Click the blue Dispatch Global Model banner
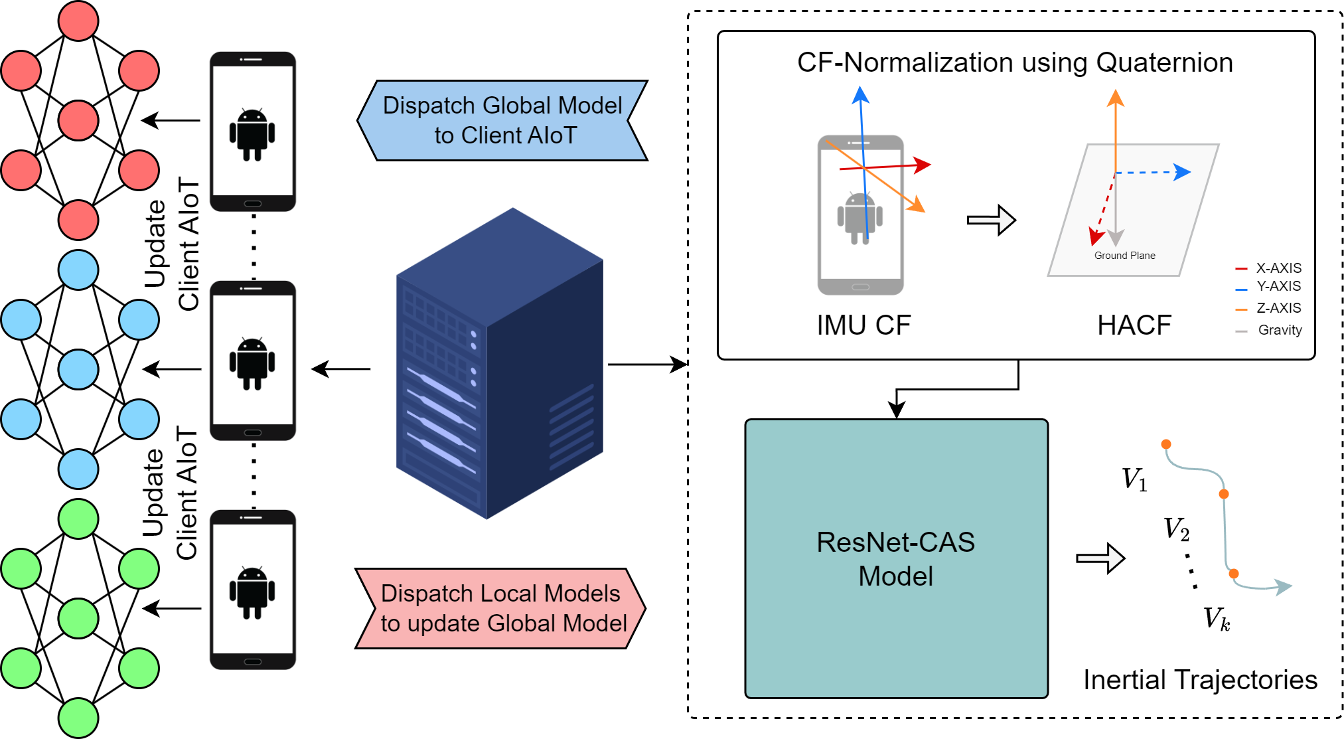pos(502,120)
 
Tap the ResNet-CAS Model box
pos(896,558)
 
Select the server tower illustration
pos(499,363)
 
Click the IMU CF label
pos(863,325)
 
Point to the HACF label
pos(1134,325)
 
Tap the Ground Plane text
pos(1124,256)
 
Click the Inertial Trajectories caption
pos(1200,680)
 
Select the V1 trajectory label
pos(1134,479)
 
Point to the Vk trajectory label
pos(1217,619)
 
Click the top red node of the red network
pos(78,21)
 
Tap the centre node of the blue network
pos(78,369)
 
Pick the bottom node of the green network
pos(78,718)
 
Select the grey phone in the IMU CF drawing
pos(860,214)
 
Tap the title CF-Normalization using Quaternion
pos(1015,62)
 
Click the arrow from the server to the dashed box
pos(647,365)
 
